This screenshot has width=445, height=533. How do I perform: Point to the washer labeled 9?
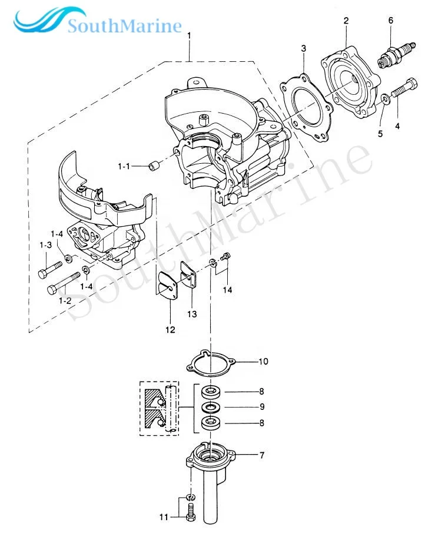[x=210, y=407]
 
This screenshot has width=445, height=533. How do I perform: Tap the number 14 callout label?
[x=228, y=289]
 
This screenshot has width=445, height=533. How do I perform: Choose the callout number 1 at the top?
[x=189, y=37]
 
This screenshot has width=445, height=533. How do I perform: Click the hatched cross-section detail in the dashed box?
[x=159, y=408]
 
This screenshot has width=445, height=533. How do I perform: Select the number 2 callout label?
[x=346, y=21]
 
